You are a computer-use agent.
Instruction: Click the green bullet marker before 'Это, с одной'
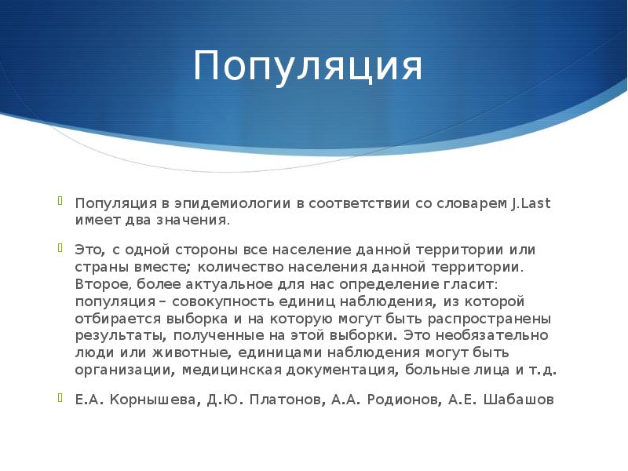60,246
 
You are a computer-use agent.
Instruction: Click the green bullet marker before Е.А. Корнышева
60,396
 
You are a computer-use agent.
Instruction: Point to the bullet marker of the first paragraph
60,200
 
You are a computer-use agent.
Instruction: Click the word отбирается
115,319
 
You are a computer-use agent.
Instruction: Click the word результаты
115,335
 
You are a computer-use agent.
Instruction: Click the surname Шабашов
518,400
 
